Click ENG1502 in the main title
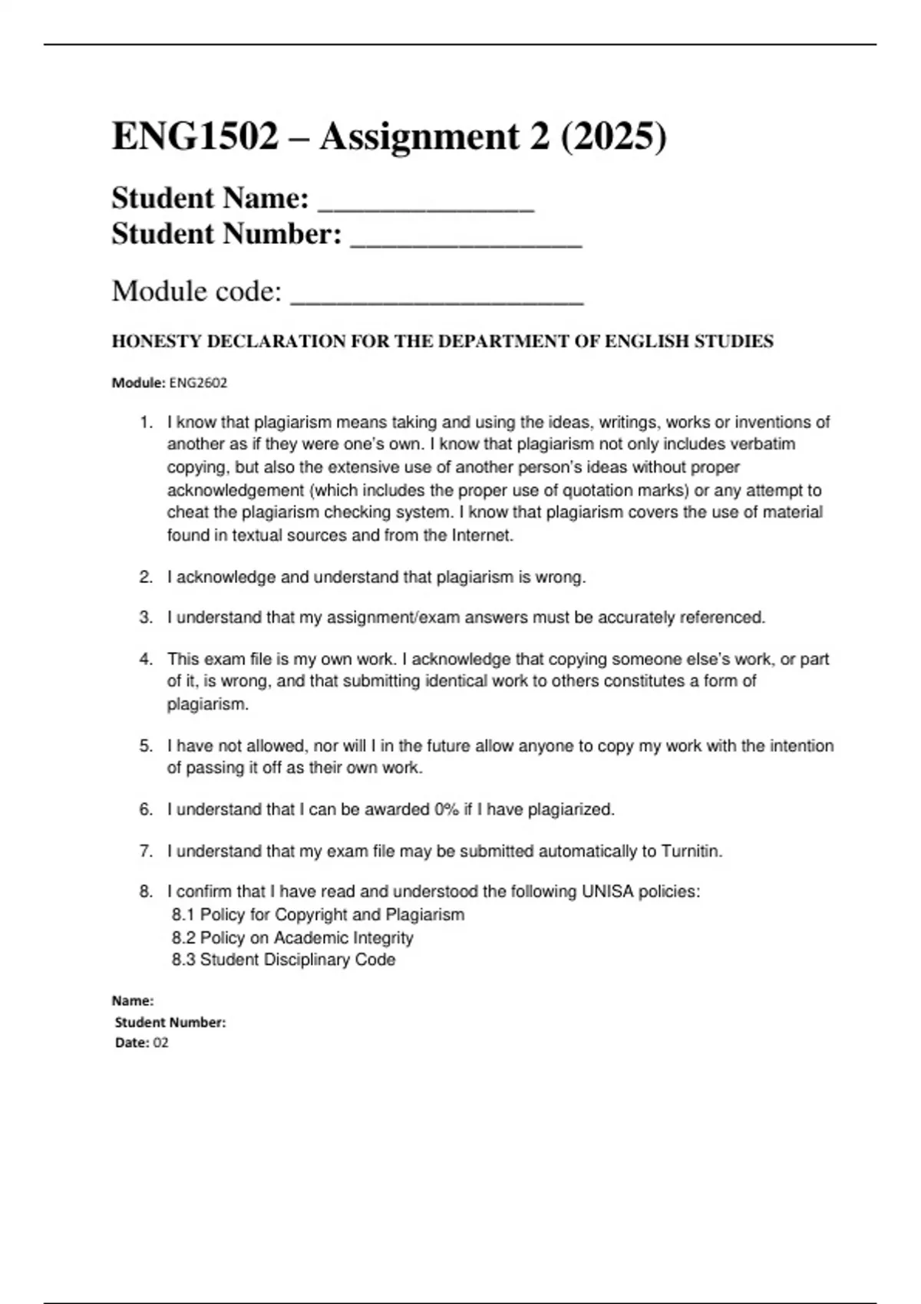coord(195,138)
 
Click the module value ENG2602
coord(198,383)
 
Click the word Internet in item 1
coord(481,535)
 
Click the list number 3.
coord(146,617)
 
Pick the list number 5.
coord(146,746)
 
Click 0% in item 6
coord(447,809)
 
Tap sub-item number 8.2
coord(183,937)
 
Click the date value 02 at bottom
coord(160,1042)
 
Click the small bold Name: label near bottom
coord(133,1000)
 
